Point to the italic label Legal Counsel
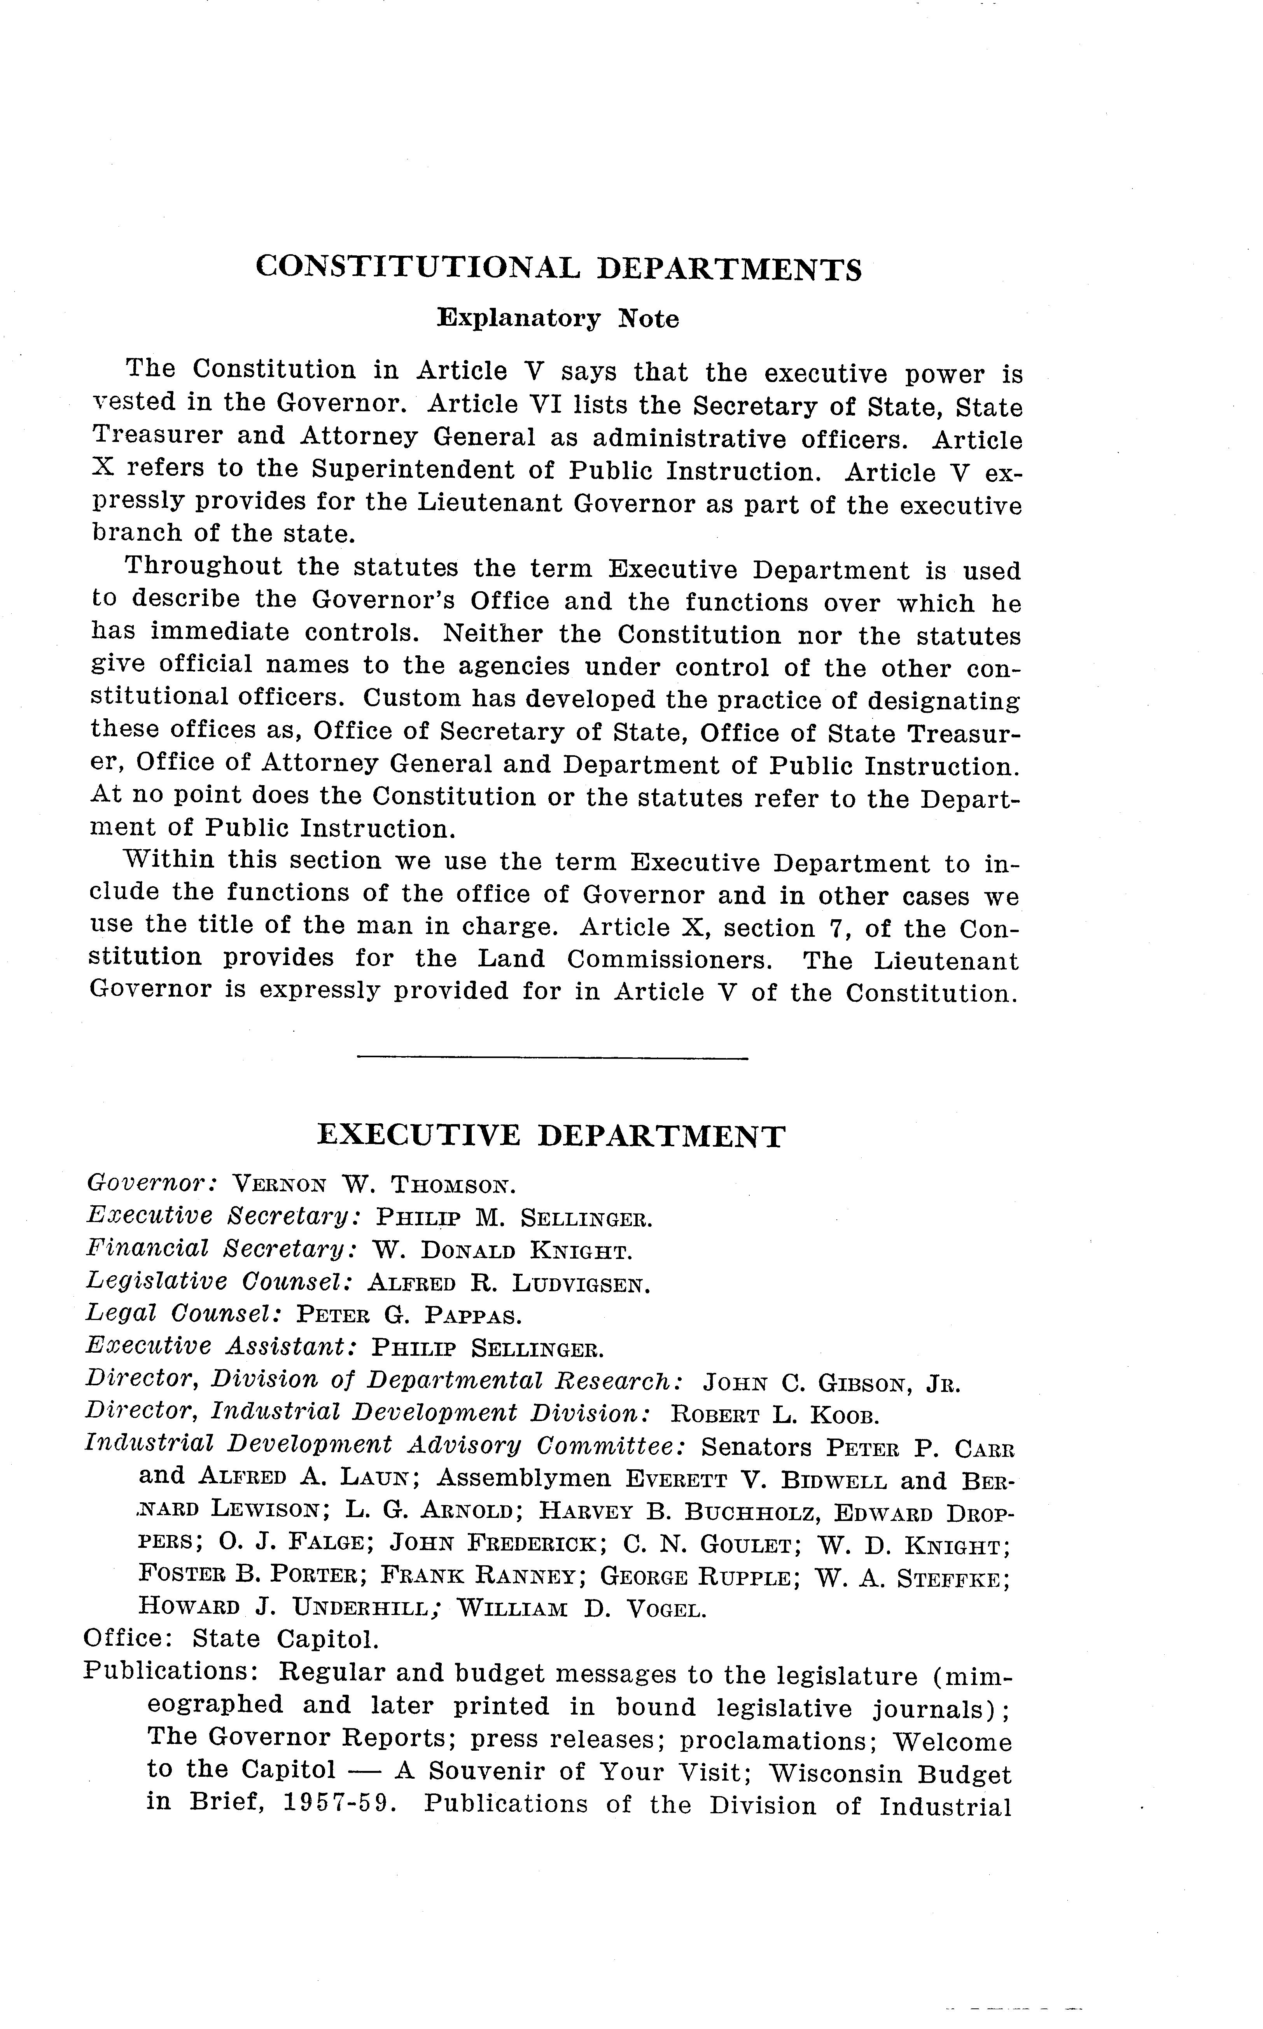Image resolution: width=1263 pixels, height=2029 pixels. [x=183, y=1314]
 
